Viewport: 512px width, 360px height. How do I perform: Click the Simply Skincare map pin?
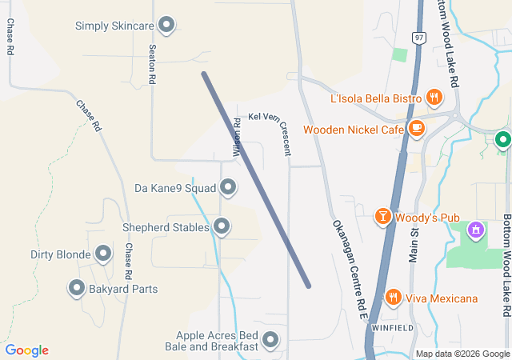pos(166,26)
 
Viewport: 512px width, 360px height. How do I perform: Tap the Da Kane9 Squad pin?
pos(228,188)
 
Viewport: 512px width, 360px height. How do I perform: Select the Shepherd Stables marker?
pos(222,227)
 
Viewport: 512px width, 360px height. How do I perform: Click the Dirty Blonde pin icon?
pos(103,254)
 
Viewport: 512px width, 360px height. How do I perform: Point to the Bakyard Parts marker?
pos(77,288)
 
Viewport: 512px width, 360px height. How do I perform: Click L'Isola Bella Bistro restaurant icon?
pos(434,98)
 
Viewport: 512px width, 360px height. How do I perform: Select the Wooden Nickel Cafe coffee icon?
pos(416,128)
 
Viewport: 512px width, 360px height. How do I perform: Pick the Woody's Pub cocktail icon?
pos(383,216)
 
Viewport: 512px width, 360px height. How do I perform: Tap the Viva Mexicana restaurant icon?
pos(393,298)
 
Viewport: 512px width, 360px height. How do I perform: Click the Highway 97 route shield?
pos(420,38)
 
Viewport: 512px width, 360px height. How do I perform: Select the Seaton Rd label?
pos(152,65)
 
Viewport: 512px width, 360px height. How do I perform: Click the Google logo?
pos(26,350)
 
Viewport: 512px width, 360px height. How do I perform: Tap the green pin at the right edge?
pos(503,141)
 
